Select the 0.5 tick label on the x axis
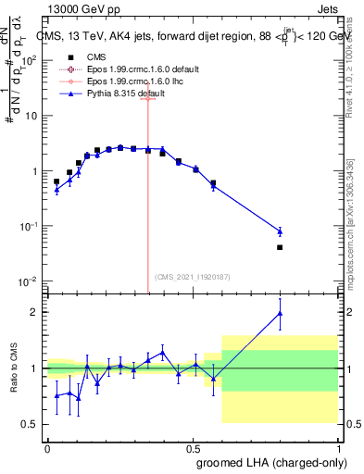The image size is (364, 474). (x=193, y=447)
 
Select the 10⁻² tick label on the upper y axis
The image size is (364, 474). (x=27, y=281)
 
